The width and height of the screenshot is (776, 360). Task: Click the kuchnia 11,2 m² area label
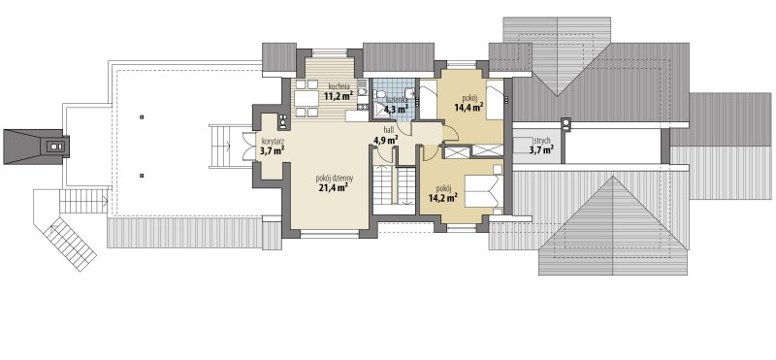(x=339, y=91)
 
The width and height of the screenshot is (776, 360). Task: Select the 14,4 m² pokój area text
(x=469, y=101)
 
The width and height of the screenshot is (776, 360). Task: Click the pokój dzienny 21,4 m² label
(x=331, y=182)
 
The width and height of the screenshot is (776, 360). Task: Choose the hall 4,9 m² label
(x=386, y=135)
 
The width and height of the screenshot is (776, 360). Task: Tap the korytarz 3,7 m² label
(x=272, y=147)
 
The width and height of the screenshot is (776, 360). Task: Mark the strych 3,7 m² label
(x=541, y=144)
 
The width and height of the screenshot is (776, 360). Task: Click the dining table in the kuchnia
(x=307, y=99)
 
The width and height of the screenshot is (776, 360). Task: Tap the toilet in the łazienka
(x=379, y=94)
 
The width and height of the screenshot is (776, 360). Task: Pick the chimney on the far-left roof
(x=54, y=147)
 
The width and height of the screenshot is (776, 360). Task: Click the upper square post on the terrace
(x=142, y=117)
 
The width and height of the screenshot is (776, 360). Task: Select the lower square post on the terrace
(x=142, y=175)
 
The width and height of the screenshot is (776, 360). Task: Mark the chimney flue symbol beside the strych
(x=566, y=124)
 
